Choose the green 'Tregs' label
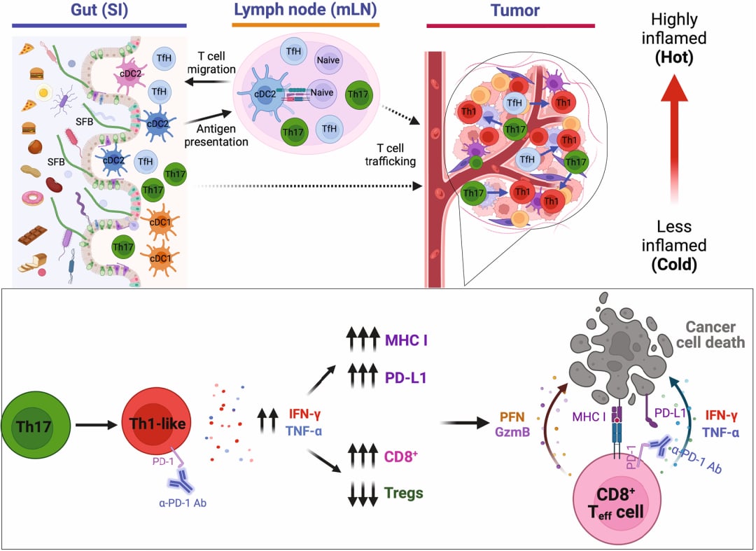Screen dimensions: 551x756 404,493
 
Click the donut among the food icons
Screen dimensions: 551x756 32,197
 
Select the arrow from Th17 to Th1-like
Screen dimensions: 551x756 97,424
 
